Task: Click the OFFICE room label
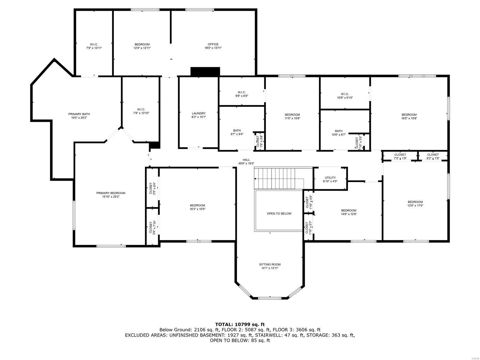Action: pos(213,44)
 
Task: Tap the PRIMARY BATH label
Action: pos(79,114)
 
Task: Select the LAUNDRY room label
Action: pos(199,113)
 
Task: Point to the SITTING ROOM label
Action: pos(270,265)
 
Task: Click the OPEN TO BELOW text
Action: pos(279,214)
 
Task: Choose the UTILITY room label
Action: pos(330,178)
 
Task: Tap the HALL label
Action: pos(246,160)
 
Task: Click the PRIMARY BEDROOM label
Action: pos(111,193)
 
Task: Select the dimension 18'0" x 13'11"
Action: pos(213,48)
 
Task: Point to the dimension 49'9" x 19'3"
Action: pos(246,163)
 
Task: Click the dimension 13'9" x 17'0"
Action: pos(415,205)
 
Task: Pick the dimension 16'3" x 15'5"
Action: pos(197,209)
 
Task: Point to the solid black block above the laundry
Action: pos(205,71)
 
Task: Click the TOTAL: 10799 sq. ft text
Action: pos(240,324)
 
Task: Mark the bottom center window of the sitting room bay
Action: pos(270,298)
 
